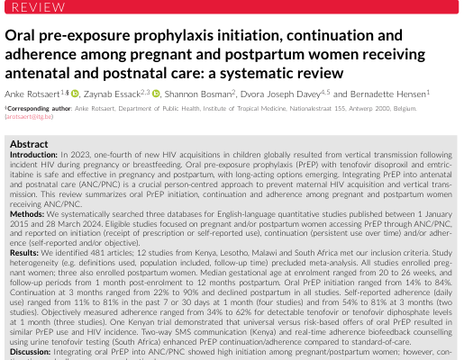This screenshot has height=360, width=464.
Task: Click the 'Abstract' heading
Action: point(28,143)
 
